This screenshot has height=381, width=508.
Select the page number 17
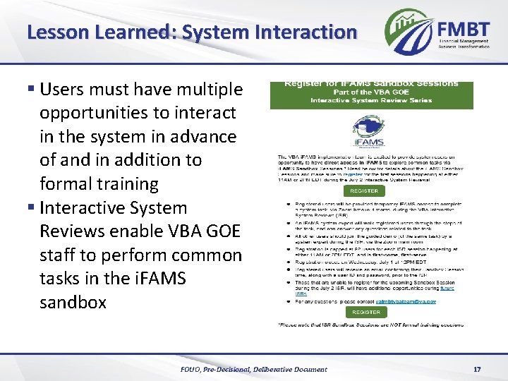point(476,369)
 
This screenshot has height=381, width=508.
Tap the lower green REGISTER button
point(366,311)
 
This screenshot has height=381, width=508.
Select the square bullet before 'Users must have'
point(31,90)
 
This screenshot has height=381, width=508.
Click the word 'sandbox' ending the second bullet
point(73,303)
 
